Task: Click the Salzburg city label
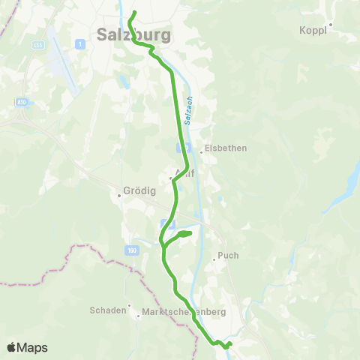pos(134,34)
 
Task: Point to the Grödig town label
pos(140,190)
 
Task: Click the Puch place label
pos(228,256)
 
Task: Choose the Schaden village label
pos(108,310)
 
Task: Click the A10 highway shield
pos(20,101)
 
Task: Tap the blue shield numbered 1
pos(79,45)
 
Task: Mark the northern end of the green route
pos(134,12)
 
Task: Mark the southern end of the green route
pos(230,344)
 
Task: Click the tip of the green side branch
pos(191,234)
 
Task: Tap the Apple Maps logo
pos(27,347)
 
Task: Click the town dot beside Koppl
pos(330,24)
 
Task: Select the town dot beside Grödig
pos(119,196)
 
